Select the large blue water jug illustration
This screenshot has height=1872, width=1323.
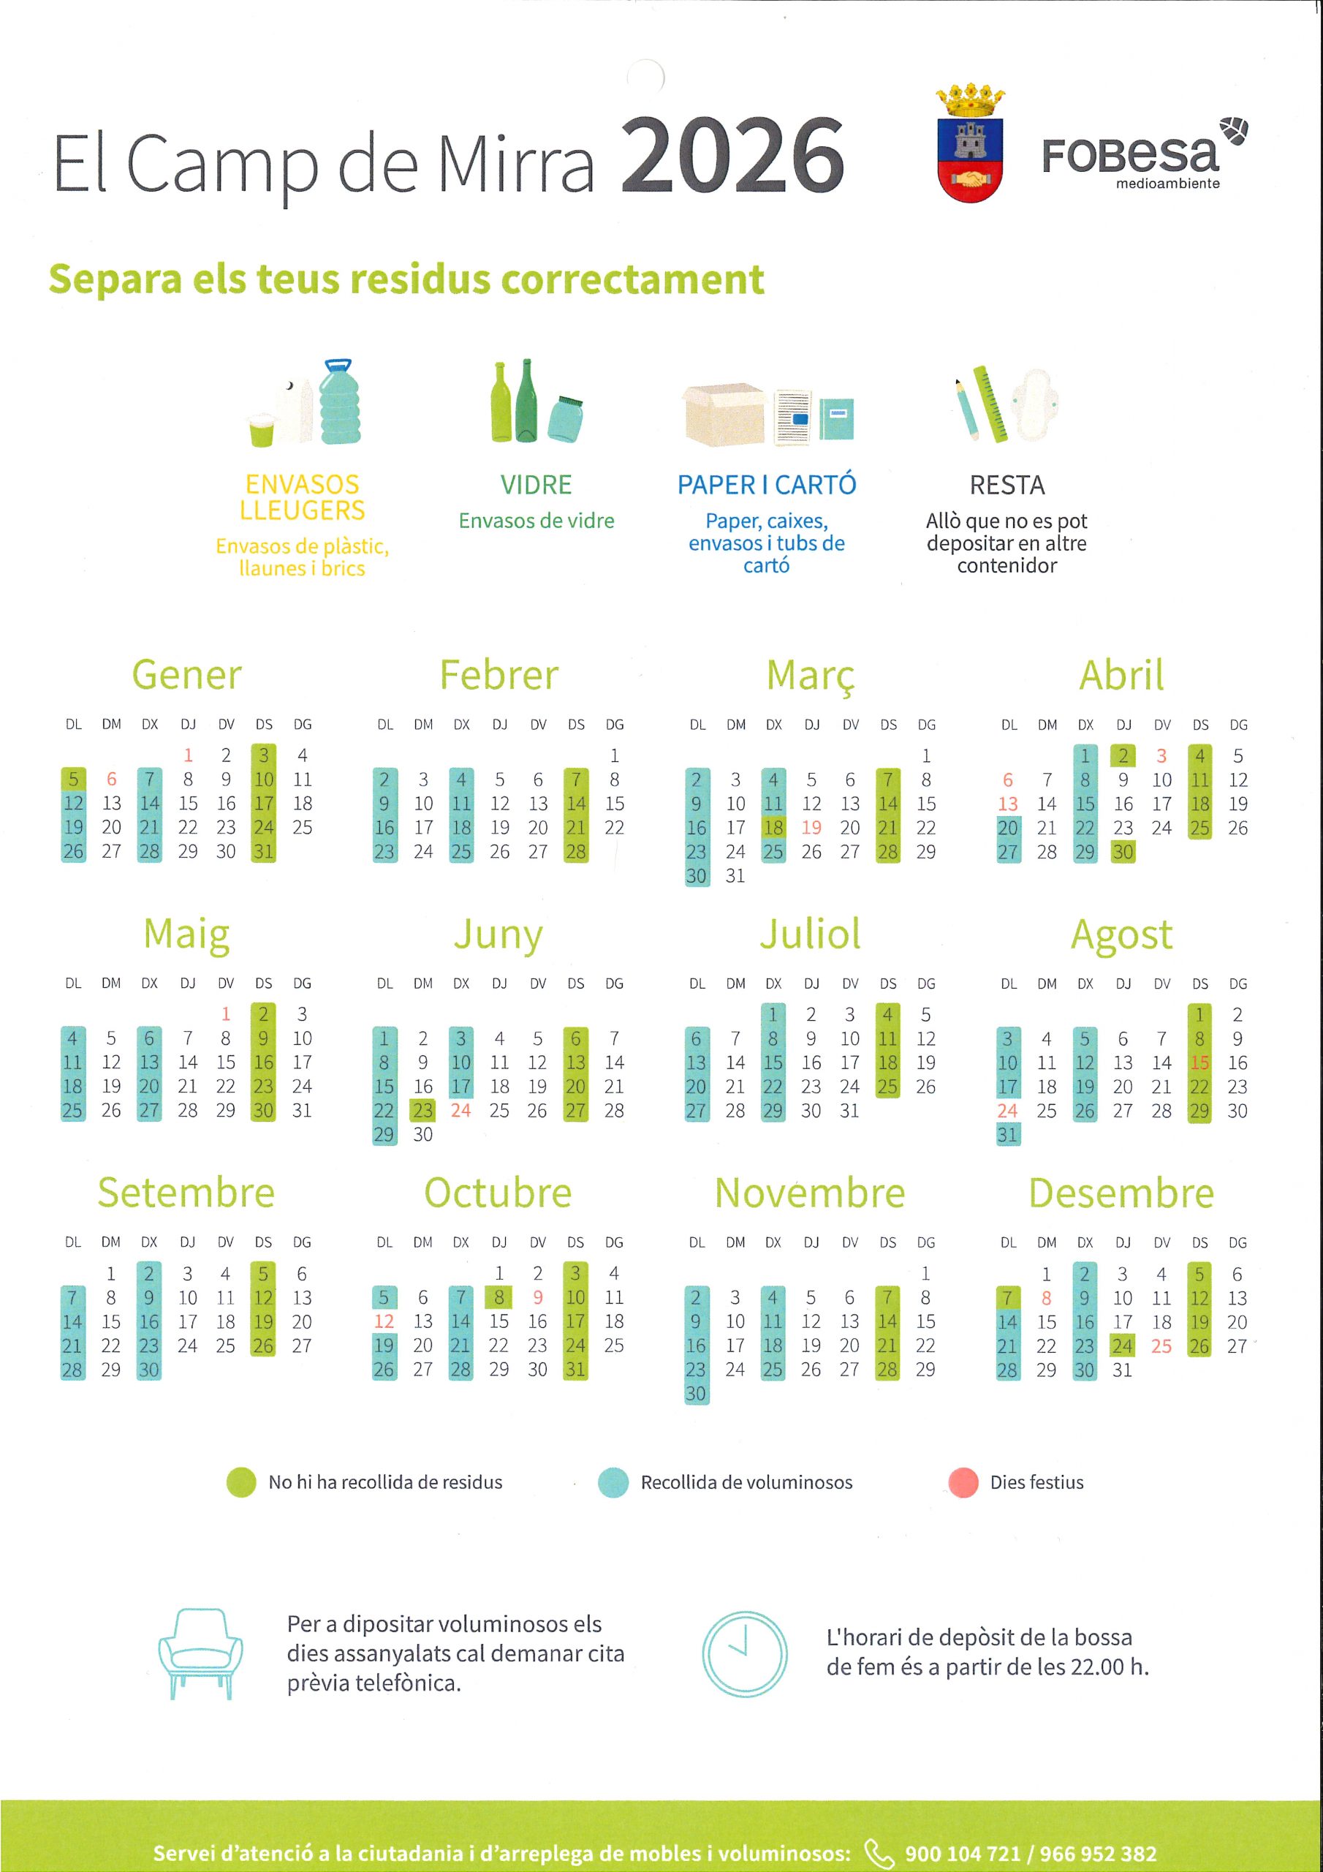(x=339, y=402)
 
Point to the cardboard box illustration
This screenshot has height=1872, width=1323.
(x=724, y=415)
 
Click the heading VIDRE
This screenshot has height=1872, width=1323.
(x=536, y=485)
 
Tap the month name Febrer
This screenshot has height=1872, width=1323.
(x=499, y=675)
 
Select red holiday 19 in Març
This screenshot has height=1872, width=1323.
(x=811, y=828)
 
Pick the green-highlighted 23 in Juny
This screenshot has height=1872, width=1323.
(x=422, y=1111)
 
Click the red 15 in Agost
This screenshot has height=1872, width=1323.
(x=1199, y=1063)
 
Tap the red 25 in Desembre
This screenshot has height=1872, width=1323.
(x=1161, y=1346)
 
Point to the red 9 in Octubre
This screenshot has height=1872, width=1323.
(x=537, y=1297)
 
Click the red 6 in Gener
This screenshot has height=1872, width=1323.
(x=112, y=780)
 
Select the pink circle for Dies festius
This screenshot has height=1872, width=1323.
(x=963, y=1482)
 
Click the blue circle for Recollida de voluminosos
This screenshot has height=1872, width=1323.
(x=613, y=1482)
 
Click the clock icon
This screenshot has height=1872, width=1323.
(x=744, y=1653)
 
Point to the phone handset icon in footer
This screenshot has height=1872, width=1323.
(x=879, y=1853)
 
